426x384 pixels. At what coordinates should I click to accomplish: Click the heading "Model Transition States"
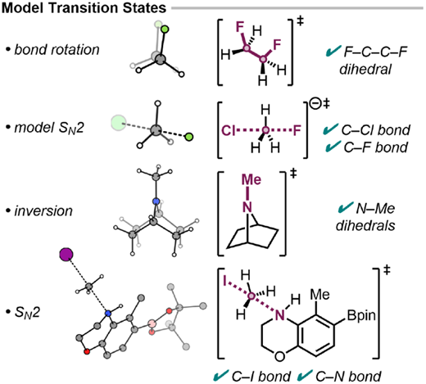click(x=84, y=7)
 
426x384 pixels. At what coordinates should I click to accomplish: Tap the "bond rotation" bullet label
click(x=57, y=50)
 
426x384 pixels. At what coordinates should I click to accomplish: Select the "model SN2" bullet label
click(x=49, y=128)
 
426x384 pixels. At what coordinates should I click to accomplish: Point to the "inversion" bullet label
click(x=43, y=211)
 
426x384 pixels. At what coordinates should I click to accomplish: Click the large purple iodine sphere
click(x=66, y=255)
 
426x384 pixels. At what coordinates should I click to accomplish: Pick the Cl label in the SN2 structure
click(x=229, y=131)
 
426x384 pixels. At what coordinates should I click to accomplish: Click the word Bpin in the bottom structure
click(x=361, y=316)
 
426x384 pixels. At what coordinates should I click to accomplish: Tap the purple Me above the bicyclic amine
click(x=252, y=180)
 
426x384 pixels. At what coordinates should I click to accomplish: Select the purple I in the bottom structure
click(x=224, y=281)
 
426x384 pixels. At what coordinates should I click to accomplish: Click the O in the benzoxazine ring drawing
click(x=279, y=356)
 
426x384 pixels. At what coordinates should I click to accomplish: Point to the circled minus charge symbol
click(x=315, y=104)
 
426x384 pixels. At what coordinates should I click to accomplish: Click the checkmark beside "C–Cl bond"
click(x=330, y=129)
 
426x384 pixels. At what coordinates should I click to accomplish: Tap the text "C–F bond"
click(x=375, y=147)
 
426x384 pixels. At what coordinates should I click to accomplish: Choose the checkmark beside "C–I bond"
click(x=220, y=376)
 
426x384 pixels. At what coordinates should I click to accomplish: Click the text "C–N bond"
click(x=348, y=377)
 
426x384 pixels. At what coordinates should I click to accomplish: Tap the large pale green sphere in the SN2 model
click(x=119, y=123)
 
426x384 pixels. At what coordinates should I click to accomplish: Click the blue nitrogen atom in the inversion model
click(x=156, y=201)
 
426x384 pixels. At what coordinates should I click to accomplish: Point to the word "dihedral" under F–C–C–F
click(x=365, y=70)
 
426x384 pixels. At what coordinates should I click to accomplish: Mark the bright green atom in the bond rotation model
click(x=165, y=29)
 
